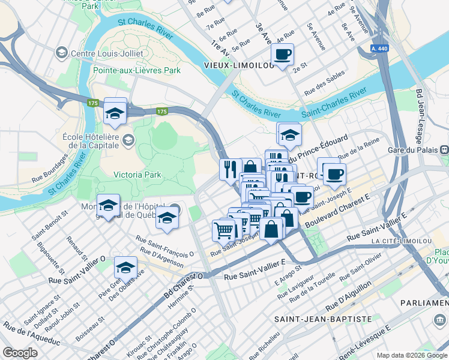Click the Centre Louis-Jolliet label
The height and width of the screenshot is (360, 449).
(x=107, y=53)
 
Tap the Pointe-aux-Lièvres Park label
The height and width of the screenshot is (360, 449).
(x=137, y=70)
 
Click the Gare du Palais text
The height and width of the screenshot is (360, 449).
(x=411, y=149)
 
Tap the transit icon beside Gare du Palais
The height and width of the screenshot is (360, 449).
(x=444, y=149)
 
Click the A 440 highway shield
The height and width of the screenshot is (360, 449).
(x=379, y=49)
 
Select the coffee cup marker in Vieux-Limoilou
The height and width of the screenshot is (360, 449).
(x=282, y=55)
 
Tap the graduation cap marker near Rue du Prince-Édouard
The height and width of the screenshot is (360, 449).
(x=289, y=134)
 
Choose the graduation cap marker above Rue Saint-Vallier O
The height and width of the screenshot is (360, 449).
(x=125, y=267)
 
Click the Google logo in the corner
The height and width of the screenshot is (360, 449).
(x=20, y=353)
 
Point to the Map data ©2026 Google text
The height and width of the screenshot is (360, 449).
(x=412, y=355)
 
